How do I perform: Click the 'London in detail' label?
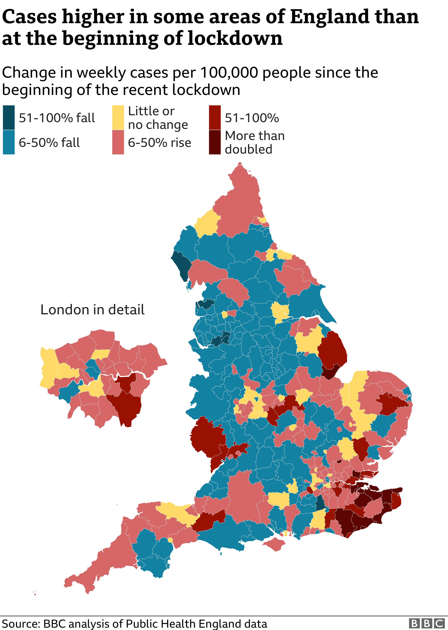(92, 310)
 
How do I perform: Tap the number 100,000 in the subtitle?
(229, 73)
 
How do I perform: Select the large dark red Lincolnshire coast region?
(332, 350)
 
